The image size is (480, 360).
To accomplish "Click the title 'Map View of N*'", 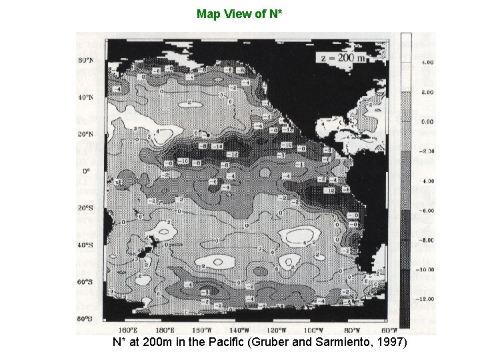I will [x=239, y=13].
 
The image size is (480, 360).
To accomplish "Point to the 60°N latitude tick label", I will [x=86, y=60].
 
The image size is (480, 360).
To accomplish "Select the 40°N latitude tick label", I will [x=86, y=97].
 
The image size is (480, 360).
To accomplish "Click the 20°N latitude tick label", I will [x=86, y=134].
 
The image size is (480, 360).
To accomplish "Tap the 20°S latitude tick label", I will [x=86, y=208].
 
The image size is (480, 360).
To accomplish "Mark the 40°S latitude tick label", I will [x=86, y=245].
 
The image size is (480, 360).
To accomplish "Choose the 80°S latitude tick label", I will [x=86, y=319].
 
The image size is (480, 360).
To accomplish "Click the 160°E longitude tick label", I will [x=127, y=329].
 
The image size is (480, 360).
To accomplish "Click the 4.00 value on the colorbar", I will [x=427, y=62].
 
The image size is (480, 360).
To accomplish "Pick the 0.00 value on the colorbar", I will [x=427, y=121].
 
